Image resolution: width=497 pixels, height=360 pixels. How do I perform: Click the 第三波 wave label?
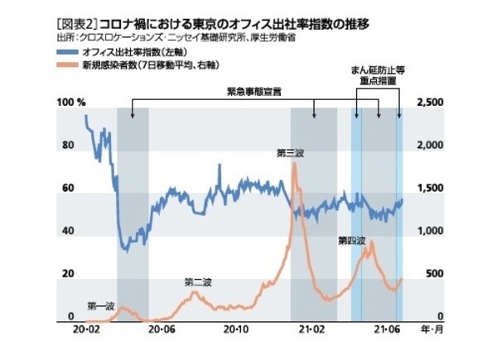[292, 152]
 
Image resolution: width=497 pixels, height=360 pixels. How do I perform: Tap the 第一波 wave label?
[100, 305]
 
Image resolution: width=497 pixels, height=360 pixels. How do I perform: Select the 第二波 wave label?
[199, 282]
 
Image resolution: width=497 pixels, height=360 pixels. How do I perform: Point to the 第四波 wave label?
[351, 241]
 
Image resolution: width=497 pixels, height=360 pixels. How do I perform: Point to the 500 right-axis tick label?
[434, 275]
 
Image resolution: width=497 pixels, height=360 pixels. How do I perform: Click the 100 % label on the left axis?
[70, 102]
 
